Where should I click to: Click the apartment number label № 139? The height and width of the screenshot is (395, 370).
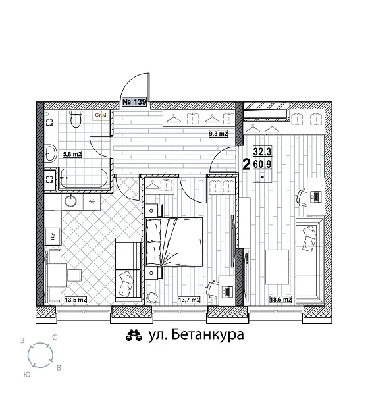click(134, 103)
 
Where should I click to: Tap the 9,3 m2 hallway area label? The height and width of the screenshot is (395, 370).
click(218, 134)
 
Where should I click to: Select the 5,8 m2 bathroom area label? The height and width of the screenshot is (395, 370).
click(72, 155)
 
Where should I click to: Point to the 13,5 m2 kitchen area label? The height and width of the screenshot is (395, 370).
click(76, 300)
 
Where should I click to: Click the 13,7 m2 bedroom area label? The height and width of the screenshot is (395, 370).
click(189, 300)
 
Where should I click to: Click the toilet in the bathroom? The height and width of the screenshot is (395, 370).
click(75, 119)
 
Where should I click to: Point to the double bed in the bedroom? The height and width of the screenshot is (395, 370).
click(173, 240)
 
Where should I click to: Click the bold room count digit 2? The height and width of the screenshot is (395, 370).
click(246, 164)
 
